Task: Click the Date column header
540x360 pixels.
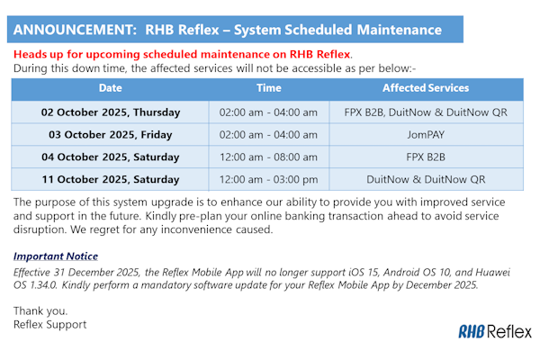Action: point(111,88)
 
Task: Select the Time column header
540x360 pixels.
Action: point(268,88)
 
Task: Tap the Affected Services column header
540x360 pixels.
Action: point(426,88)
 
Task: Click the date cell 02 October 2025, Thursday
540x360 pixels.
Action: point(111,112)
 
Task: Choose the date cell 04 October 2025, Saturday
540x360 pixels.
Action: point(111,157)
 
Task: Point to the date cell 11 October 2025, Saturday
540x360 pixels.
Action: point(111,179)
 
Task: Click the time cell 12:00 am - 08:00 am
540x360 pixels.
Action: point(268,157)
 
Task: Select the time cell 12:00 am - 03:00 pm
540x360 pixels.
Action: point(268,179)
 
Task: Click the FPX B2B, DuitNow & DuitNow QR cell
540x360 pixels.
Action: point(426,112)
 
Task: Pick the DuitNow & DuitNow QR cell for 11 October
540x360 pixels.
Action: point(426,179)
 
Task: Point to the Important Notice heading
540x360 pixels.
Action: point(55,256)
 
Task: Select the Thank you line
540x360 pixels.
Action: point(39,310)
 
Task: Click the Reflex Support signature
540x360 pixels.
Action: point(50,324)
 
